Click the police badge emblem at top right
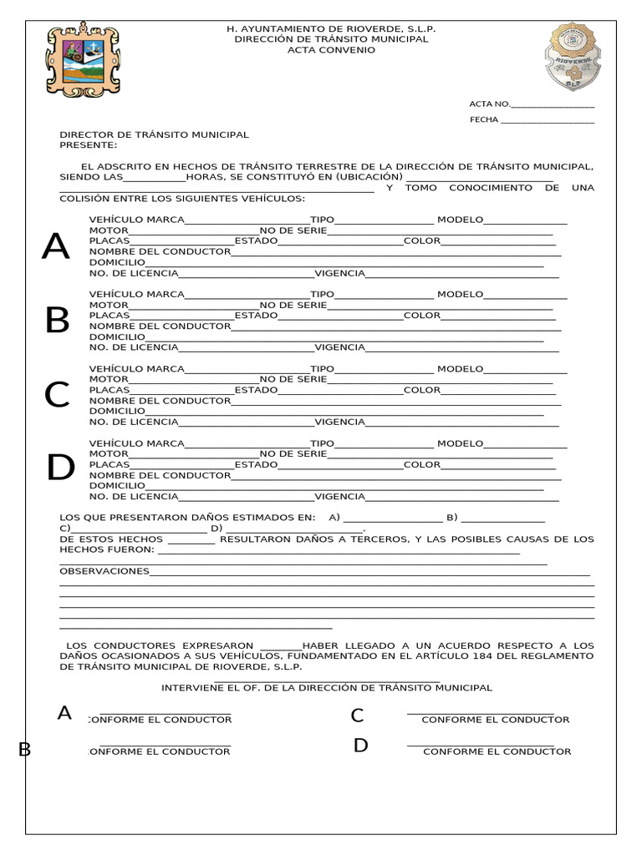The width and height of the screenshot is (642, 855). click(x=573, y=57)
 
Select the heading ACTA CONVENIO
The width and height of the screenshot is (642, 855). click(x=331, y=50)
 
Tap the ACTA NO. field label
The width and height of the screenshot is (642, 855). click(x=489, y=104)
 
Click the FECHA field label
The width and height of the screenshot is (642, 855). click(x=484, y=119)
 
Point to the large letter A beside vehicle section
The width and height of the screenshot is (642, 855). click(x=56, y=247)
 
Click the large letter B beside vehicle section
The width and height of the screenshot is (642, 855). click(x=57, y=321)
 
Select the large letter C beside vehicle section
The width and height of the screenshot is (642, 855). click(x=57, y=395)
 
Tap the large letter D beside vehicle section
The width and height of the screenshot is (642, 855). click(x=60, y=468)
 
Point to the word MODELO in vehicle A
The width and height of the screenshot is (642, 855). click(x=460, y=220)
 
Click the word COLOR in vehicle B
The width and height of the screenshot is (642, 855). click(x=421, y=316)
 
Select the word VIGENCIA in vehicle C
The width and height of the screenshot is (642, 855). click(x=339, y=422)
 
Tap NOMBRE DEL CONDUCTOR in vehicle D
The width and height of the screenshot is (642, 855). click(x=160, y=475)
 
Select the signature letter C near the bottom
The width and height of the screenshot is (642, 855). click(x=357, y=716)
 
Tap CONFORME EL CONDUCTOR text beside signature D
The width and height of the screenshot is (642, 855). click(x=497, y=751)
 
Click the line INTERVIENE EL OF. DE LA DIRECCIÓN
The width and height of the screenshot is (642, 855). click(x=327, y=687)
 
